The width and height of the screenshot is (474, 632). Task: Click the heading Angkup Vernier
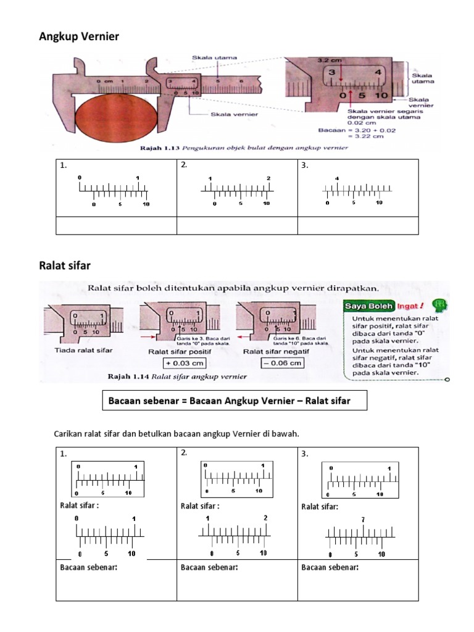(x=79, y=38)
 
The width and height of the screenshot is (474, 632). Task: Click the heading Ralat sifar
(x=65, y=265)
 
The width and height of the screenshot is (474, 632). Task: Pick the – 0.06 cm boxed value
(x=282, y=363)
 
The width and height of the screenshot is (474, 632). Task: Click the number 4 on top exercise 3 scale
(x=337, y=179)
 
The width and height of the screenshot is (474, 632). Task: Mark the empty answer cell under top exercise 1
(x=116, y=226)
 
